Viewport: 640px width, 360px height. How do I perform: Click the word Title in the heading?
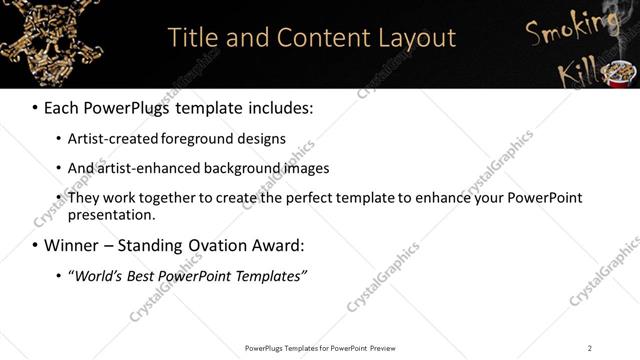pos(190,38)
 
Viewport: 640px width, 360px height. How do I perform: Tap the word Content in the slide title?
pos(311,38)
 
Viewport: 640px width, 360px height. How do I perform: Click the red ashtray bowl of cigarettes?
pos(621,72)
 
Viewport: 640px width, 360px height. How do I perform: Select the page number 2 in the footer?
pos(589,348)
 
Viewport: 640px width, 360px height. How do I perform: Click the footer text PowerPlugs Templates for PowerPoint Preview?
pos(319,348)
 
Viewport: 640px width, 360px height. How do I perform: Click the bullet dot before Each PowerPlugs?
pos(35,107)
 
